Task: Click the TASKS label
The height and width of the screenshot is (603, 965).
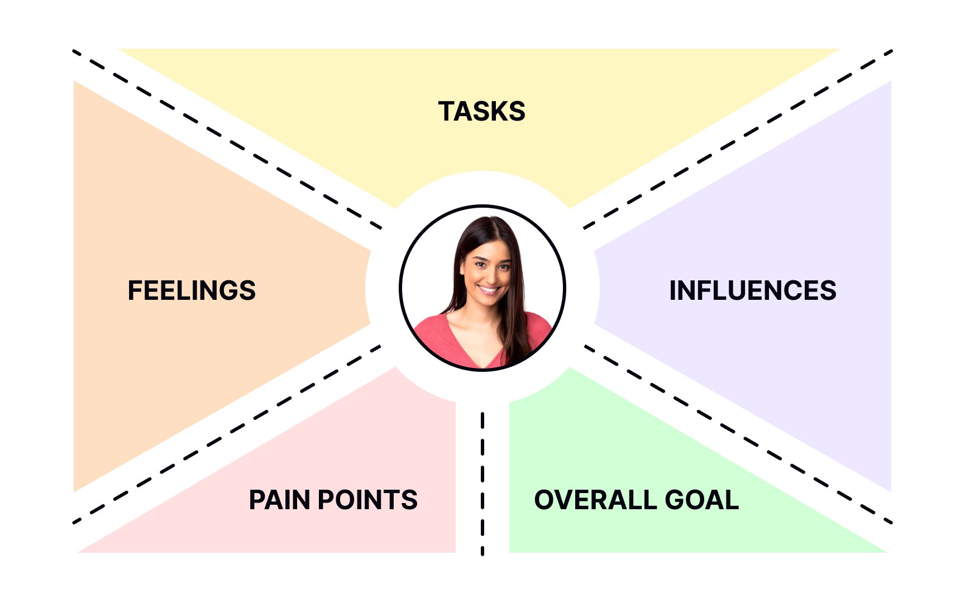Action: (481, 111)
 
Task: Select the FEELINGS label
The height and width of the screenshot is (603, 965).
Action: (192, 290)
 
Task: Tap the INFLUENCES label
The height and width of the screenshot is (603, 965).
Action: (753, 290)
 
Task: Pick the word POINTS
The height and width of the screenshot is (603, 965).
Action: (367, 500)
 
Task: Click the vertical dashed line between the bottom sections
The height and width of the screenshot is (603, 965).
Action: (482, 484)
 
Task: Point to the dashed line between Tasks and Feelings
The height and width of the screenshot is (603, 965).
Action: (227, 140)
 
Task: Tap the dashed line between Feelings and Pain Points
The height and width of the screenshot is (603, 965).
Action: (227, 434)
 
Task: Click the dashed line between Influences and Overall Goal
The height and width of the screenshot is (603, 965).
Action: (738, 434)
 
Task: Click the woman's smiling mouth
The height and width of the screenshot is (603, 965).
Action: (488, 289)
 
